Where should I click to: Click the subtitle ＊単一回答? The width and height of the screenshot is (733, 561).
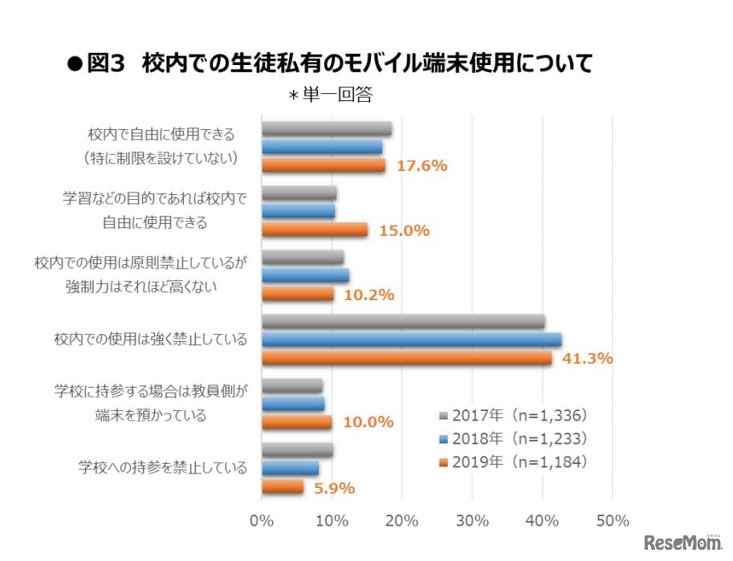pyautogui.click(x=330, y=95)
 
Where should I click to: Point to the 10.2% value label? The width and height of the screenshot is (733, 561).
pyautogui.click(x=369, y=295)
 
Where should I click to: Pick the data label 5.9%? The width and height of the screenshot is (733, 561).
pyautogui.click(x=333, y=488)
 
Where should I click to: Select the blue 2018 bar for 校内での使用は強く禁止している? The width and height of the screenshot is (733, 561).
pyautogui.click(x=411, y=339)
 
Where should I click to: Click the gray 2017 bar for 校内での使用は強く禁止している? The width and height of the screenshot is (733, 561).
pyautogui.click(x=403, y=322)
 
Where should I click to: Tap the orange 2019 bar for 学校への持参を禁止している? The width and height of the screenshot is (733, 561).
pyautogui.click(x=283, y=486)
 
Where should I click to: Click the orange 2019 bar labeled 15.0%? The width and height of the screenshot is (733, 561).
pyautogui.click(x=315, y=230)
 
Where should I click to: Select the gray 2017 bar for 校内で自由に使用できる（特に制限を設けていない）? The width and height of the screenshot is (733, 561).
pyautogui.click(x=326, y=129)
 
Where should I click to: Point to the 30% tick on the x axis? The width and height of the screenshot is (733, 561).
pyautogui.click(x=472, y=521)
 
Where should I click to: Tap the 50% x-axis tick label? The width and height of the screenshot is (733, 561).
pyautogui.click(x=612, y=521)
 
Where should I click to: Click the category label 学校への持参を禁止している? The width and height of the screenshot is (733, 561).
pyautogui.click(x=163, y=467)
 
